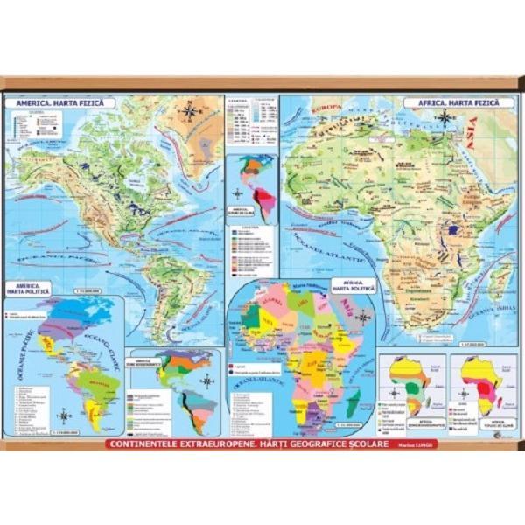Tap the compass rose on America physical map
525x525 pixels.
[189, 111]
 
